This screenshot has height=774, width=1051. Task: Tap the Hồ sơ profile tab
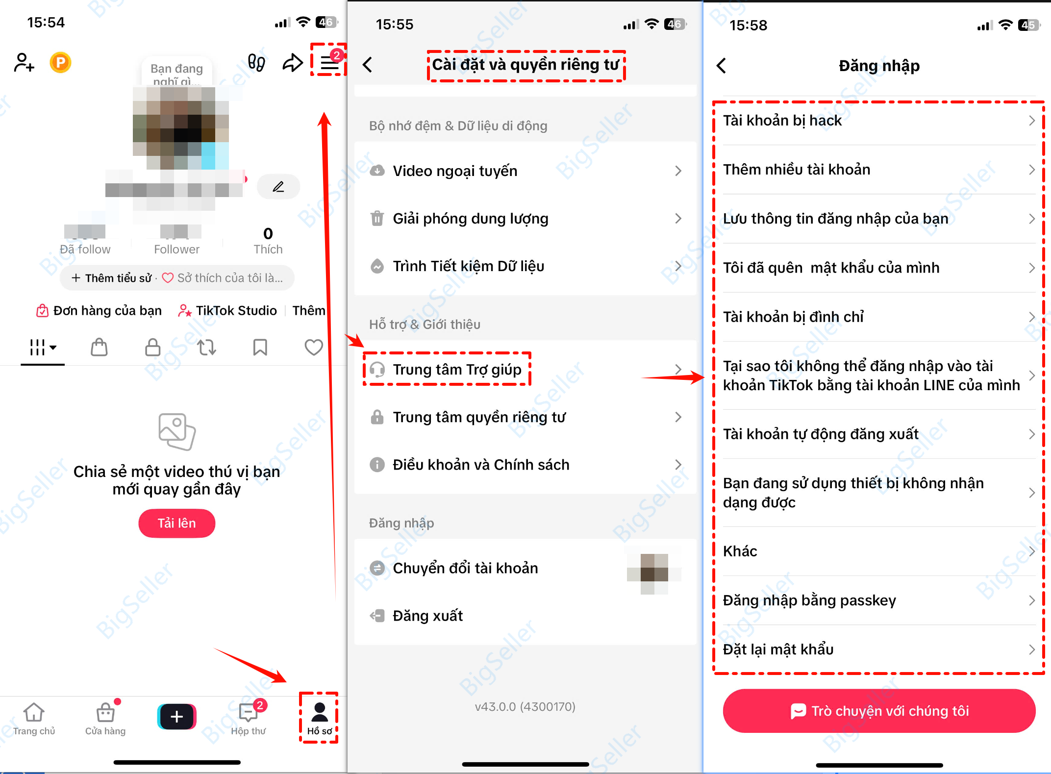pyautogui.click(x=319, y=718)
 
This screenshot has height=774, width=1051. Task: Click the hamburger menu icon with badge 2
pyautogui.click(x=329, y=63)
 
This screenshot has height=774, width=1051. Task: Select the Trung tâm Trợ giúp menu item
pyautogui.click(x=456, y=370)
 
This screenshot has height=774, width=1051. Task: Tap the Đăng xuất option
pyautogui.click(x=427, y=616)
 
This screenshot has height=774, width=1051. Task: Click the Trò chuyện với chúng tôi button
pyautogui.click(x=879, y=711)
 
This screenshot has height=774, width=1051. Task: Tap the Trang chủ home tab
pyautogui.click(x=34, y=719)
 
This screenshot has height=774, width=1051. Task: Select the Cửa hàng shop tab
pyautogui.click(x=105, y=719)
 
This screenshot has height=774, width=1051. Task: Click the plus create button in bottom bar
pyautogui.click(x=176, y=717)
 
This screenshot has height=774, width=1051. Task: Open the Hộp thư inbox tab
pyautogui.click(x=249, y=719)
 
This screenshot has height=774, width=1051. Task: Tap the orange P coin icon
pyautogui.click(x=60, y=63)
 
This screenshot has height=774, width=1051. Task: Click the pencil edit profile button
pyautogui.click(x=278, y=187)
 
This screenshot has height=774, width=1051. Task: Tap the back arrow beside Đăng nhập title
pyautogui.click(x=721, y=66)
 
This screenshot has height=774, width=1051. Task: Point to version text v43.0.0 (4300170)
pyautogui.click(x=525, y=706)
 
